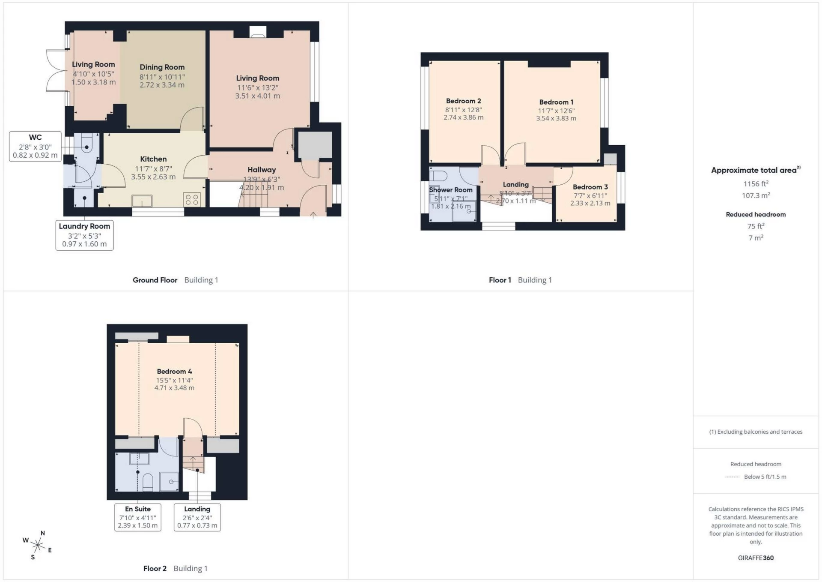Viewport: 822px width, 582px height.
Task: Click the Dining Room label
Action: point(162,67)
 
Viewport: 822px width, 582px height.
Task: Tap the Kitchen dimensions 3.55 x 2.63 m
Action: point(153,177)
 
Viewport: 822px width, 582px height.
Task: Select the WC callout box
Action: point(35,147)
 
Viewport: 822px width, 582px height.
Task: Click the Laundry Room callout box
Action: point(84,235)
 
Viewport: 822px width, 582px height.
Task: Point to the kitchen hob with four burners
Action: point(192,199)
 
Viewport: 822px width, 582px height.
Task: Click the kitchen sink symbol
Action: point(142,201)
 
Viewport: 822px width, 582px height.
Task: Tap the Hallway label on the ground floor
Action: point(261,170)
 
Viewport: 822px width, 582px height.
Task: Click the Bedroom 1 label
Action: point(556,102)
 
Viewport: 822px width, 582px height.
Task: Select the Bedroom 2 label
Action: point(463,101)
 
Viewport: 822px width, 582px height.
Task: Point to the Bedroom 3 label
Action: point(590,187)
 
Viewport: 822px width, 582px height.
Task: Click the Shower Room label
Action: point(451,190)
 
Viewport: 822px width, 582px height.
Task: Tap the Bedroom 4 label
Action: point(174,372)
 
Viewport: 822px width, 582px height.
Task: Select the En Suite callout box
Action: point(138,517)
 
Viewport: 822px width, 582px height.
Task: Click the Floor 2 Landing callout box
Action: point(197,517)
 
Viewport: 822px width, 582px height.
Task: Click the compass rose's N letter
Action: point(43,533)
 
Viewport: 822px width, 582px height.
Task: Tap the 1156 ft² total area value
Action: point(756,184)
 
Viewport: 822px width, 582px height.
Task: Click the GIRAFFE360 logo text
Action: point(756,558)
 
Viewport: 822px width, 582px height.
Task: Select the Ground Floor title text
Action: point(155,280)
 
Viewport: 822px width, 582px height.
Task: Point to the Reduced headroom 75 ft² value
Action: point(756,226)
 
